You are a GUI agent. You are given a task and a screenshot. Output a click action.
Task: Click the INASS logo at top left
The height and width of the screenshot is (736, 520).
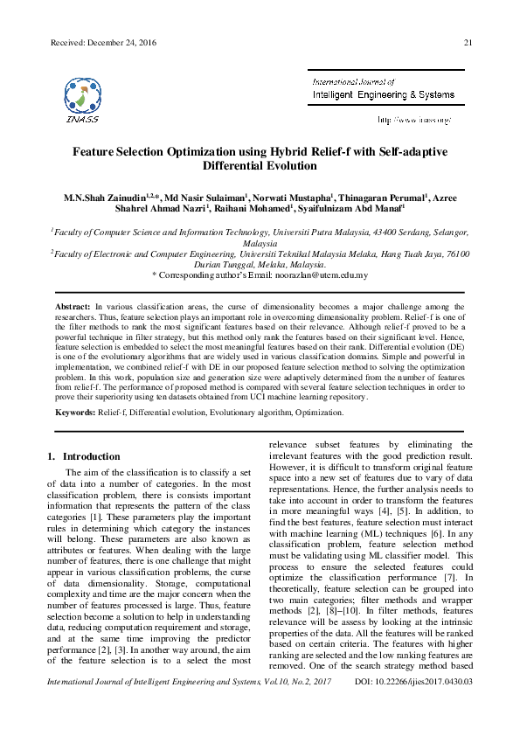tap(81, 97)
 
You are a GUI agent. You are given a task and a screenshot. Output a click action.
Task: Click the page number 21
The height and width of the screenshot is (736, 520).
tap(468, 42)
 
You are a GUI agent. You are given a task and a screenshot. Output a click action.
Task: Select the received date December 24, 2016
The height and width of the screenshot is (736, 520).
tap(106, 42)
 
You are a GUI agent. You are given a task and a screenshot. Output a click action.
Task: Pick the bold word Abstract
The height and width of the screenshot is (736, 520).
tap(73, 308)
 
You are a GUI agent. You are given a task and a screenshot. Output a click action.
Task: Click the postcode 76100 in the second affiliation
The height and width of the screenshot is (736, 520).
tap(457, 253)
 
